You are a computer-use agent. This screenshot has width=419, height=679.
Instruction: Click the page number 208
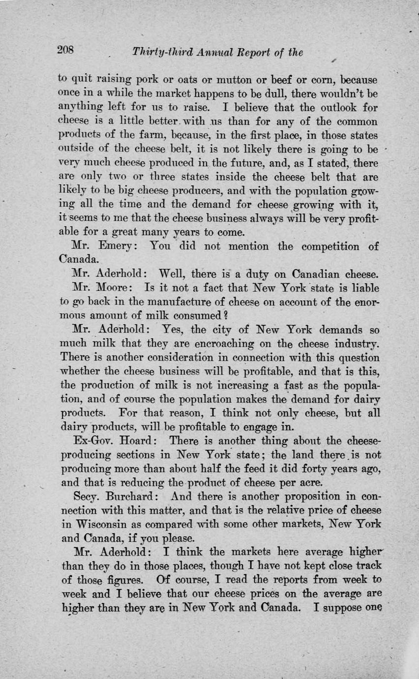65,50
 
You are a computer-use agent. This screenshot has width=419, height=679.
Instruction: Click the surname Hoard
134,441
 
